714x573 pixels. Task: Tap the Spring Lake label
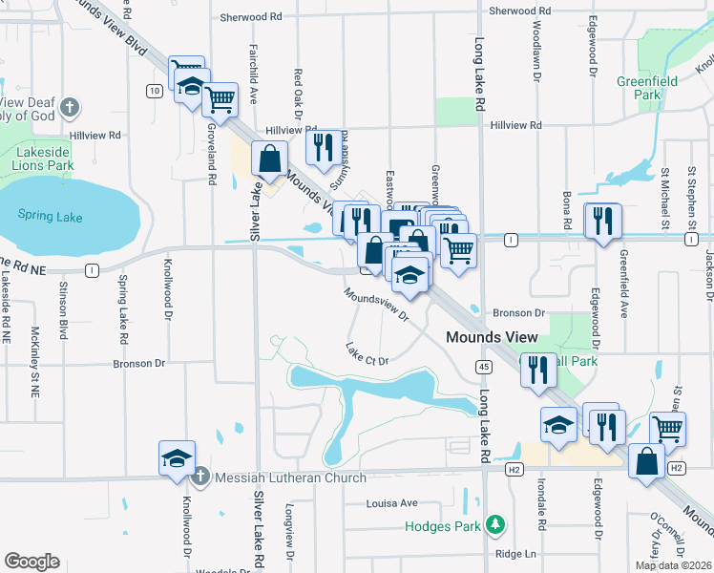click(50, 217)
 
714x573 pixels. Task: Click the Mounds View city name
click(493, 337)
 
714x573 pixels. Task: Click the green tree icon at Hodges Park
click(494, 523)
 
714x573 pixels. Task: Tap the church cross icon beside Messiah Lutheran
click(200, 477)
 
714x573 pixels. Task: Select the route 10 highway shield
click(153, 91)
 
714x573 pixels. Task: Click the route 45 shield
click(484, 368)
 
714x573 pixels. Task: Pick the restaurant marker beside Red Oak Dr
click(323, 146)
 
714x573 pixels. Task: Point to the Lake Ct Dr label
click(367, 354)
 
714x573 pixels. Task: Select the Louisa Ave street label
click(392, 502)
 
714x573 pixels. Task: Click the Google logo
click(31, 562)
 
